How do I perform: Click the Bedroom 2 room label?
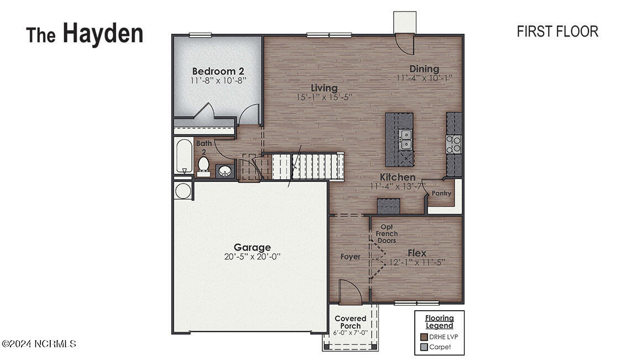tap(218, 71)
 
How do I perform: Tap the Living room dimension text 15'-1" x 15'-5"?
tap(324, 97)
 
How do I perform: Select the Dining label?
tap(424, 69)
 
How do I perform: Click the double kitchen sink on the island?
tap(406, 139)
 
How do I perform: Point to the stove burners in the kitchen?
tap(454, 144)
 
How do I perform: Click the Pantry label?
tap(441, 194)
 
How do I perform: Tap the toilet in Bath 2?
tap(203, 165)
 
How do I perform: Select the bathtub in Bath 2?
tap(183, 156)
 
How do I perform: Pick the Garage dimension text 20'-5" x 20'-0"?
tap(252, 257)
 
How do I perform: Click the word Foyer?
tap(350, 257)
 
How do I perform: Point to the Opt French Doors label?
tap(387, 233)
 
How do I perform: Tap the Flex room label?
tap(417, 253)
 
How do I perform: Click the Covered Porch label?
tap(350, 322)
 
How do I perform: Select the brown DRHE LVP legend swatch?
tap(424, 337)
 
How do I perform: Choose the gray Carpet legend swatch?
tap(424, 347)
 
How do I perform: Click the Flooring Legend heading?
tap(439, 322)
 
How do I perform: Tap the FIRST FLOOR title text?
tap(557, 32)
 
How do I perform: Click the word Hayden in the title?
tap(102, 33)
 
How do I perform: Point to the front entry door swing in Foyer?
tap(348, 291)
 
